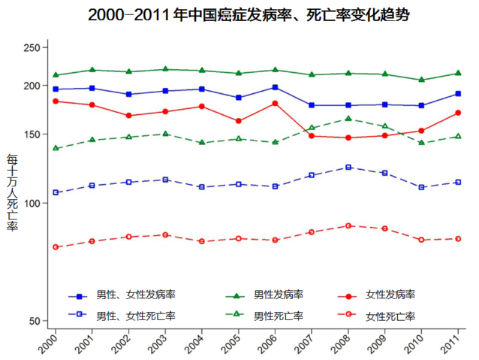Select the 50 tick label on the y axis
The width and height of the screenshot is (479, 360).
pos(34,321)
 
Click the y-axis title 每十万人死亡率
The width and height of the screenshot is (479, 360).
pos(12,192)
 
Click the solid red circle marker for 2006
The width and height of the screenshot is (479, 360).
pos(275,103)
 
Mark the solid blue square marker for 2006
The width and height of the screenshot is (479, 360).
pos(275,87)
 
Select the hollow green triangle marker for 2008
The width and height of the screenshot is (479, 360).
pos(348,119)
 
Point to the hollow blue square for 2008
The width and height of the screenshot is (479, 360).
pos(348,167)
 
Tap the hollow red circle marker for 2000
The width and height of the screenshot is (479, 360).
pos(55,247)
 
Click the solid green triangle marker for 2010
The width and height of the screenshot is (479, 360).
pos(421,80)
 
